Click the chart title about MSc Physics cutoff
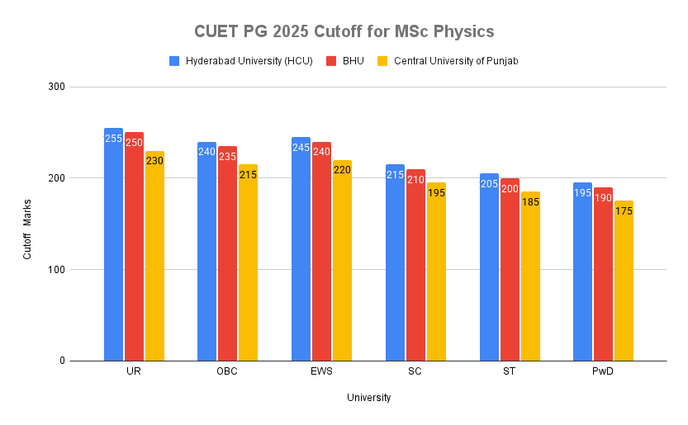[344, 31]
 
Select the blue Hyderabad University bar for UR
[113, 248]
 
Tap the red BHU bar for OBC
[227, 256]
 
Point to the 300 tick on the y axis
[55, 87]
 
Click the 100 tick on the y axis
[55, 270]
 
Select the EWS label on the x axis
[321, 372]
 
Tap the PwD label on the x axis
[603, 372]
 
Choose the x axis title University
[368, 398]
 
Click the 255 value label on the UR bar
[113, 139]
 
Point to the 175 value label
[624, 211]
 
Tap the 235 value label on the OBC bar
[227, 157]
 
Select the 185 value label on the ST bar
[530, 202]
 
